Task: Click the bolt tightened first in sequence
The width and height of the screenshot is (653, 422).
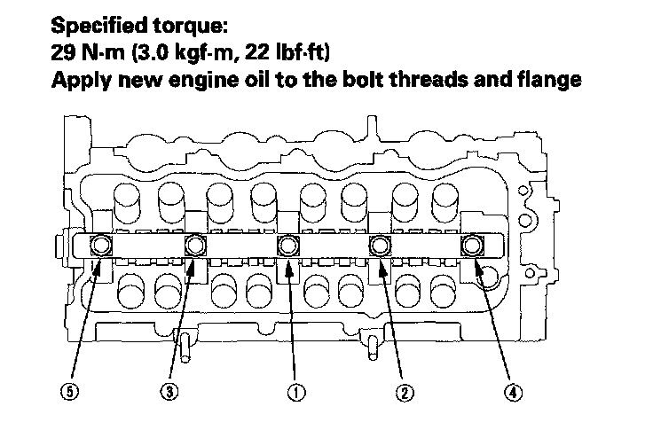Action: coord(288,245)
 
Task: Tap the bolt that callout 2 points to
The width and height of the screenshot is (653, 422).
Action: coord(379,245)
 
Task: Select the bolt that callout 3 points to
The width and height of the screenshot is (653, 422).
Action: coord(195,245)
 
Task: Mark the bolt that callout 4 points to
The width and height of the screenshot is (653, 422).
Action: coord(470,245)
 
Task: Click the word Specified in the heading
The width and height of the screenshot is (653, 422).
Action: coord(98,26)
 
